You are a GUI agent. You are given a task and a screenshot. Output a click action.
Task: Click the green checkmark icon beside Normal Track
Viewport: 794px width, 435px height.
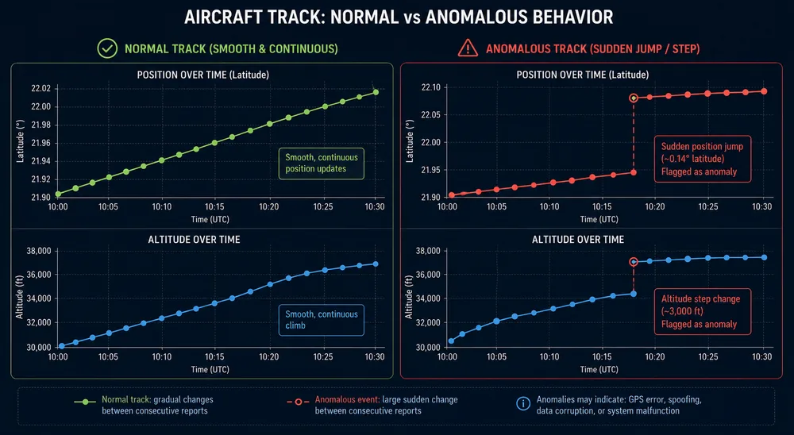pos(107,48)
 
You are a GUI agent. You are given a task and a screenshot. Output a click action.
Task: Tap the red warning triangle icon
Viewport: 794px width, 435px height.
pos(468,48)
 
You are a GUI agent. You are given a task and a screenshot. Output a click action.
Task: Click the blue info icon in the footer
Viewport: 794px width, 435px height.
pos(523,403)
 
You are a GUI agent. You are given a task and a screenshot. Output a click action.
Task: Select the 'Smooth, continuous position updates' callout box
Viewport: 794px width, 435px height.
pos(321,163)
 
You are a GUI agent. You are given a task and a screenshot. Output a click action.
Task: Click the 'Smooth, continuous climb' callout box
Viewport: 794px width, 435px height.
pos(321,320)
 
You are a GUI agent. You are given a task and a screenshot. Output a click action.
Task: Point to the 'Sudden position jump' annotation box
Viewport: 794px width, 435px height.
pos(703,159)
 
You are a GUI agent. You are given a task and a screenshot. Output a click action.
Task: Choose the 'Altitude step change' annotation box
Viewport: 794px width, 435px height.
pos(703,311)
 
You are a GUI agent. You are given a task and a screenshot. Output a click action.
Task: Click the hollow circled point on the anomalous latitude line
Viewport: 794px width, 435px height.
pos(634,98)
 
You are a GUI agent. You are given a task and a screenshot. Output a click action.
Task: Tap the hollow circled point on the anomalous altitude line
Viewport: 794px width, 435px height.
pos(634,262)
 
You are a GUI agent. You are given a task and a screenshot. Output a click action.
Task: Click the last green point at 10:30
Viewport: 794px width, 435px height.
pos(376,91)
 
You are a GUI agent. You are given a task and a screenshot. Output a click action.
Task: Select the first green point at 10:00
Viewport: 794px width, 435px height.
pos(58,194)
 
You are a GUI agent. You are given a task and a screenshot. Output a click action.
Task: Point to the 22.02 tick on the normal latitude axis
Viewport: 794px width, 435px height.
pos(41,89)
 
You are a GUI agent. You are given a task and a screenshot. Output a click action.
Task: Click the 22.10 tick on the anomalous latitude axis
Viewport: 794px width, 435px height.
pos(430,87)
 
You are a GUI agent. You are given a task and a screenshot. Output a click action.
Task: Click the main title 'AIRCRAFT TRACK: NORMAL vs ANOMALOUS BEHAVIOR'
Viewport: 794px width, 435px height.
pos(399,17)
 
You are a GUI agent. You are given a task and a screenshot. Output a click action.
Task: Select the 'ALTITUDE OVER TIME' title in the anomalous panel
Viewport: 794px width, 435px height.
pos(578,240)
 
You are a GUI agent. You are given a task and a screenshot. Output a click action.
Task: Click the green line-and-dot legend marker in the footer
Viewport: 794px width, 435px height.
pos(85,402)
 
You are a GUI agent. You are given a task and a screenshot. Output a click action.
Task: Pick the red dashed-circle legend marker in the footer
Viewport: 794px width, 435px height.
pos(299,402)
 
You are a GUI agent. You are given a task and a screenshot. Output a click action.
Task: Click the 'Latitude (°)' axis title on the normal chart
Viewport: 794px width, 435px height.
pos(21,141)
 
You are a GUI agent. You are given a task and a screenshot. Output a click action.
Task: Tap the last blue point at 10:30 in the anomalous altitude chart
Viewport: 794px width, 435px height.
pos(764,257)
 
